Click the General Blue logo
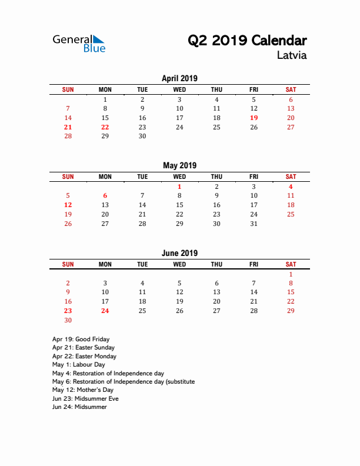coord(79,43)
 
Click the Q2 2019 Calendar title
coord(247,41)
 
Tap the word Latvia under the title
coord(291,56)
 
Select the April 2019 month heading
coord(179,78)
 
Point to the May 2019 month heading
coord(179,165)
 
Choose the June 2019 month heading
coord(179,253)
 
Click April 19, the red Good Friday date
coord(254,118)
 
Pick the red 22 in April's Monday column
coord(105,127)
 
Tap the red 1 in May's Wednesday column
coord(179,187)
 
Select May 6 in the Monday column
coord(105,196)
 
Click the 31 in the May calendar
coord(254,224)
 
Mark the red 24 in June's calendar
coord(105,311)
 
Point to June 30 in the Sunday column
coord(68,321)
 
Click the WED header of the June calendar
coord(179,265)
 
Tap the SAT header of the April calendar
coord(291,89)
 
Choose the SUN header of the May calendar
coord(68,177)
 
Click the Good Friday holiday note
coord(81,339)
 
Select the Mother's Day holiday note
coord(82,390)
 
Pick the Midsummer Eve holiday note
coord(85,398)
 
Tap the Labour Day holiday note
coord(78,365)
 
